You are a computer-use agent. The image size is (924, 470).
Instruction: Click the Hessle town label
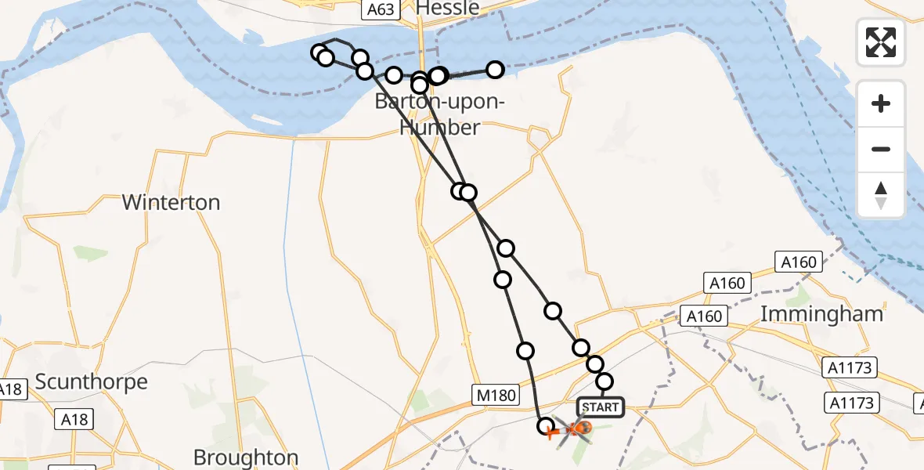pyautogui.click(x=448, y=8)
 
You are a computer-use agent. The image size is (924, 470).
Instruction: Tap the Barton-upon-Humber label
pyautogui.click(x=439, y=114)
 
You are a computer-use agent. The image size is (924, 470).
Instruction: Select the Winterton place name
pyautogui.click(x=171, y=202)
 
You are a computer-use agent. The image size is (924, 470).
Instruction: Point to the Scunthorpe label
pyautogui.click(x=92, y=382)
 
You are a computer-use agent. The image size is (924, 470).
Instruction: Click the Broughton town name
pyautogui.click(x=246, y=457)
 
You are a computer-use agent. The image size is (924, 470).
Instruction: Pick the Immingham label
pyautogui.click(x=822, y=314)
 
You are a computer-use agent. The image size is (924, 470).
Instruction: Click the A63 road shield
pyautogui.click(x=381, y=9)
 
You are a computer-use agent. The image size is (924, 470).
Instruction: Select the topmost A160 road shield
pyautogui.click(x=798, y=262)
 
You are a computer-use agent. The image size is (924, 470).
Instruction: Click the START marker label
pyautogui.click(x=601, y=407)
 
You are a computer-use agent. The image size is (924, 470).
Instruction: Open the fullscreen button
pyautogui.click(x=881, y=42)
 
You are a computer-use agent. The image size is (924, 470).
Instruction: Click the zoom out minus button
pyautogui.click(x=881, y=149)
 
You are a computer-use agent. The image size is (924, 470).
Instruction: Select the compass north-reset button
pyautogui.click(x=881, y=194)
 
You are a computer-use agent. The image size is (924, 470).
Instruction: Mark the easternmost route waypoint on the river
pyautogui.click(x=495, y=70)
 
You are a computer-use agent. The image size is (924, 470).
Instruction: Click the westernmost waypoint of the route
pyautogui.click(x=319, y=53)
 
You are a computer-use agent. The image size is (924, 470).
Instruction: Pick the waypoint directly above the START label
pyautogui.click(x=605, y=381)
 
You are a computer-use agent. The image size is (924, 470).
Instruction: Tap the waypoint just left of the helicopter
pyautogui.click(x=547, y=426)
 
